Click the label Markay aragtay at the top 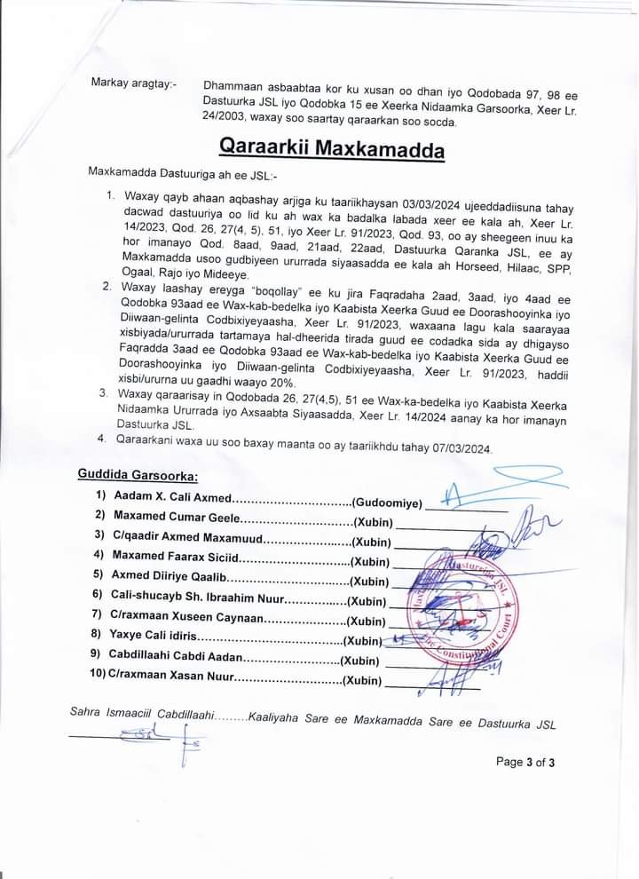tap(133, 83)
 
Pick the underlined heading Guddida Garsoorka tap(138, 477)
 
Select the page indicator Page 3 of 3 tap(525, 762)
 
